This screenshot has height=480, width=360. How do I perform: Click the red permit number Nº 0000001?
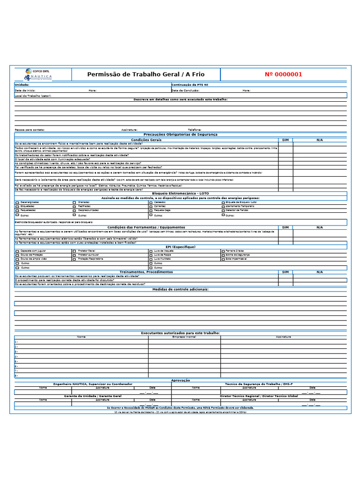click(x=283, y=74)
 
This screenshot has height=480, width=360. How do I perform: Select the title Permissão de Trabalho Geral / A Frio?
click(x=146, y=74)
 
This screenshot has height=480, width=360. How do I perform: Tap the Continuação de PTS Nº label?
click(x=190, y=85)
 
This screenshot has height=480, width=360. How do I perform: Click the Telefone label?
click(x=195, y=129)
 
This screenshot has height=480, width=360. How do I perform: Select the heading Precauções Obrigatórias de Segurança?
click(x=180, y=135)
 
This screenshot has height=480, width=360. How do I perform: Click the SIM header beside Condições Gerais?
click(x=285, y=140)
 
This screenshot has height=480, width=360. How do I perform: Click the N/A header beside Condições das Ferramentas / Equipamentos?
click(x=319, y=227)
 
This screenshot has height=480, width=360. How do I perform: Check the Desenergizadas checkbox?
click(x=17, y=202)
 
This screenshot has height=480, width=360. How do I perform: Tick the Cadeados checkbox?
click(x=151, y=202)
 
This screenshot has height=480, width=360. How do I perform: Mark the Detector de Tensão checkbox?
click(x=223, y=210)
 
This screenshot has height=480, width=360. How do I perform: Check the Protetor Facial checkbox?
click(x=74, y=251)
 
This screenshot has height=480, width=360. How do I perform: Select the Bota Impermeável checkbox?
click(x=223, y=259)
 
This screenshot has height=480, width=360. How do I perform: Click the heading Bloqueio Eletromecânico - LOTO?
click(x=180, y=193)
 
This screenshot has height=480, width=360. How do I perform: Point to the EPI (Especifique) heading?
click(x=180, y=247)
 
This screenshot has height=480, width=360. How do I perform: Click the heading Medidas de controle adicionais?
click(x=180, y=289)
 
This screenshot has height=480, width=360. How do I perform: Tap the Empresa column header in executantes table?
click(x=184, y=337)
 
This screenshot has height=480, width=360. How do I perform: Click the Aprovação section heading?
click(x=180, y=380)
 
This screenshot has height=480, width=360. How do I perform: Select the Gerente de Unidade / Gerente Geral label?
click(x=92, y=396)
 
